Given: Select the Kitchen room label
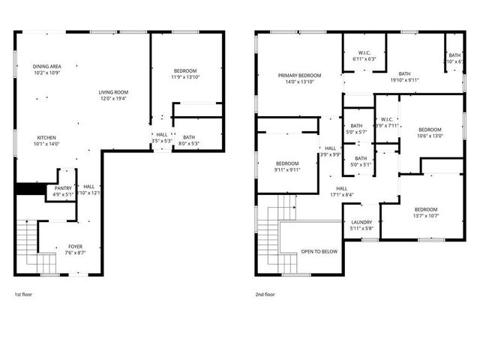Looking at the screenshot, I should click(x=47, y=137).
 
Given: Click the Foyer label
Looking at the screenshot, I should click(x=76, y=246).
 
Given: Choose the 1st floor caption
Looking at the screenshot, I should click(x=23, y=295).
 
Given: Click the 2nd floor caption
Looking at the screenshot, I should click(x=265, y=295).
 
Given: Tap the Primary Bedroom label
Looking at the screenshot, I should click(x=299, y=76).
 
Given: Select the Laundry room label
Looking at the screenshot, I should click(x=362, y=223).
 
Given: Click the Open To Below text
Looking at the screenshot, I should click(x=319, y=251).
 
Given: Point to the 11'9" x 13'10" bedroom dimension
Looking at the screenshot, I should click(x=184, y=77).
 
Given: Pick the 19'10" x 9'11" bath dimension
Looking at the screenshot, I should click(x=404, y=79).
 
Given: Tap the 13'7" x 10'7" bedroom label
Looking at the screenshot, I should click(x=425, y=215).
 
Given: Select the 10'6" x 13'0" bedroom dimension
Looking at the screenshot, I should click(x=430, y=136).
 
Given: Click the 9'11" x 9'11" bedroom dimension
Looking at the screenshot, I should click(x=286, y=169).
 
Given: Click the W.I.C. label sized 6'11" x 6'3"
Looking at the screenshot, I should click(x=364, y=58).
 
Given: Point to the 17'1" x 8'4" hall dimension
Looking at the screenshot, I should click(x=341, y=195).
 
